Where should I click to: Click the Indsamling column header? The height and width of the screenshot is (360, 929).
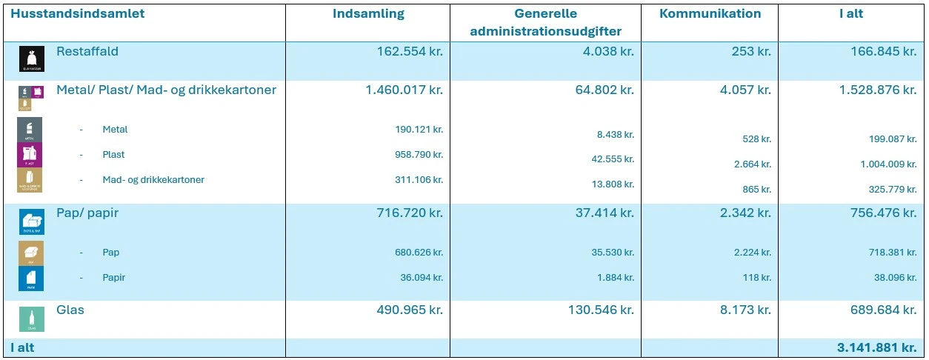pos(368,14)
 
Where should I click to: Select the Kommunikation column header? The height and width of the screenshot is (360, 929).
pos(710,14)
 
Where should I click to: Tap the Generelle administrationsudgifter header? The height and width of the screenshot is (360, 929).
pos(545,22)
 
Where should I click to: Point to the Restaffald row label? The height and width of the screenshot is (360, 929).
pos(87,52)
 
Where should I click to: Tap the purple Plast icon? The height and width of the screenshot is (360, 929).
pos(30,155)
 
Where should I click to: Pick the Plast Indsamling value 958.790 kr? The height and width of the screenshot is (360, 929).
pos(419,155)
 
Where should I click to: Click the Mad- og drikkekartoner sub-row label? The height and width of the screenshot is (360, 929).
pos(153,180)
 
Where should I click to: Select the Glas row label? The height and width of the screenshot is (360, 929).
pos(70,310)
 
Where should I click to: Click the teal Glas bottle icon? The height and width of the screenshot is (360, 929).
pos(32,319)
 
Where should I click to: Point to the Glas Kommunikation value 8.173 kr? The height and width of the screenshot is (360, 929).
pos(745,310)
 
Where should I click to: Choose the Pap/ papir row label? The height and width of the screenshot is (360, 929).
pos(87,213)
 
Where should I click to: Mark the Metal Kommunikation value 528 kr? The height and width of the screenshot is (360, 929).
pos(756,139)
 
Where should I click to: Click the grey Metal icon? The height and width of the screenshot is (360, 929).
pos(30,130)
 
